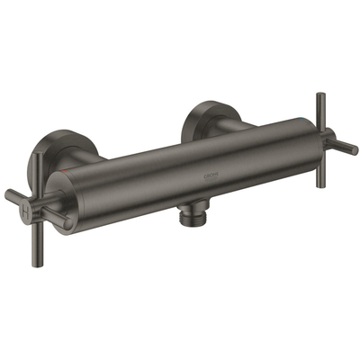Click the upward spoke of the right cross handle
(319, 107)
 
